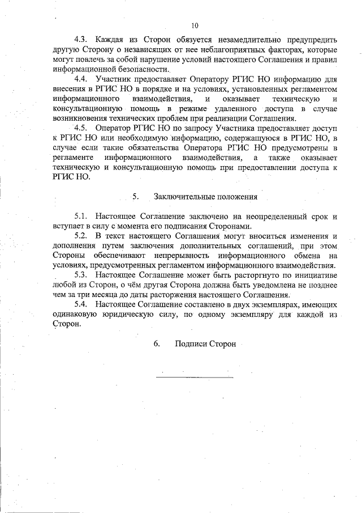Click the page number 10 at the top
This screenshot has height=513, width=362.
[x=195, y=26]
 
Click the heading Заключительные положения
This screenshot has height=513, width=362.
[x=206, y=197]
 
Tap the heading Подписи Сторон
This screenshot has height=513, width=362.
[x=205, y=344]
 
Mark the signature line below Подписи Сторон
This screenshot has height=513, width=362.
[x=194, y=376]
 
